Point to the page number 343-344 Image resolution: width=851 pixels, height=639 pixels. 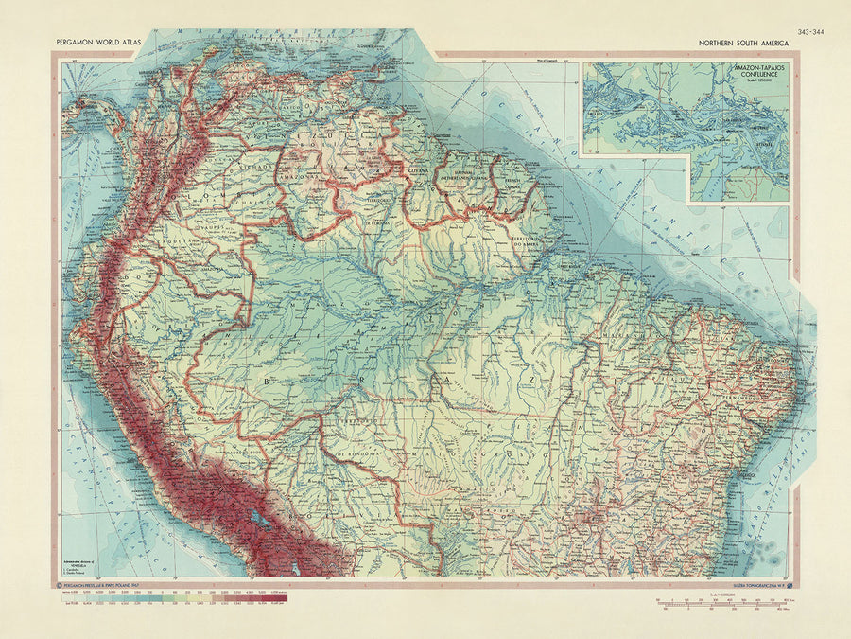pos(810,31)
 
